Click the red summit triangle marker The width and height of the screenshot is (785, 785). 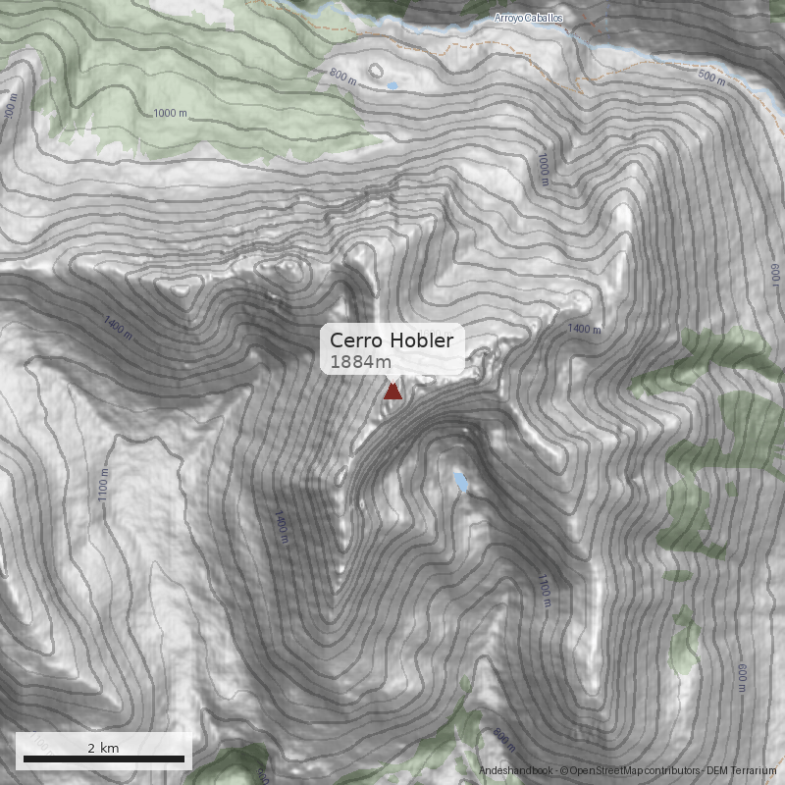[x=392, y=392]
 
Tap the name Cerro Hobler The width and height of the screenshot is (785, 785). [x=392, y=340]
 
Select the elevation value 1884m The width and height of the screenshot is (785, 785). [x=360, y=362]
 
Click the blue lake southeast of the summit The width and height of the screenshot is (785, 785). [x=460, y=481]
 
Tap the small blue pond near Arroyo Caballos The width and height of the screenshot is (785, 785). [x=392, y=86]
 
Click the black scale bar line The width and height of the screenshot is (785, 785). [x=103, y=759]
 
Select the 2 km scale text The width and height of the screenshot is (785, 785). [x=103, y=748]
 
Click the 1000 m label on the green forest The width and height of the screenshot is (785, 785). [x=170, y=114]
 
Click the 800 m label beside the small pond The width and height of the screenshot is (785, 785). [x=342, y=75]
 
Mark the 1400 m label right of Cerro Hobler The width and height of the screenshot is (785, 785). [x=584, y=329]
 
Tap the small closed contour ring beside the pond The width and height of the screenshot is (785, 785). [x=374, y=71]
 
